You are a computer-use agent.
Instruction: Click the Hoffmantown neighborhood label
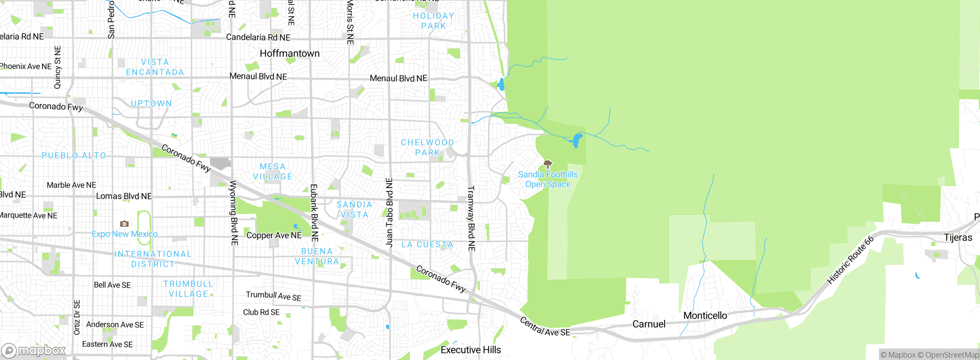click(x=289, y=54)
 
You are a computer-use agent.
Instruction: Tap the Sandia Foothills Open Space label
click(x=548, y=179)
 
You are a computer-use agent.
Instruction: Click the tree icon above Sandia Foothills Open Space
click(x=548, y=165)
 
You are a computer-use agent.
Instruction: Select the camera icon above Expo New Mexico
click(x=124, y=224)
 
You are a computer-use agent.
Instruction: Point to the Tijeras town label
click(x=958, y=238)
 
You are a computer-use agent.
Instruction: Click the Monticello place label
click(x=705, y=316)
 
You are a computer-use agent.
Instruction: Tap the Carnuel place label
click(x=649, y=324)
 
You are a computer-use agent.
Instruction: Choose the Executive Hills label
click(x=470, y=350)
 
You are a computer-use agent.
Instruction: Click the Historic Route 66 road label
click(x=850, y=260)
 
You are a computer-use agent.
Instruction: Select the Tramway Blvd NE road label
click(x=471, y=218)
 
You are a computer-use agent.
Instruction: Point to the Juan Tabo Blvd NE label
click(x=389, y=213)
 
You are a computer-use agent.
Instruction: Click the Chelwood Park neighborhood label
click(x=427, y=147)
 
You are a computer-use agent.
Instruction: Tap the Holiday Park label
click(x=433, y=21)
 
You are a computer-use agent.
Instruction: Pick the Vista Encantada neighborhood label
click(x=155, y=67)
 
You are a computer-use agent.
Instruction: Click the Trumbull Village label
click(x=188, y=289)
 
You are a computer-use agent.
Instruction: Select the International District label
click(x=153, y=259)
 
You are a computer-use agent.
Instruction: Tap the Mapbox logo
click(x=34, y=350)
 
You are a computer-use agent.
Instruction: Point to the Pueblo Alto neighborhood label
click(x=73, y=155)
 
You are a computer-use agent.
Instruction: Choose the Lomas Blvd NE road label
click(x=124, y=196)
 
